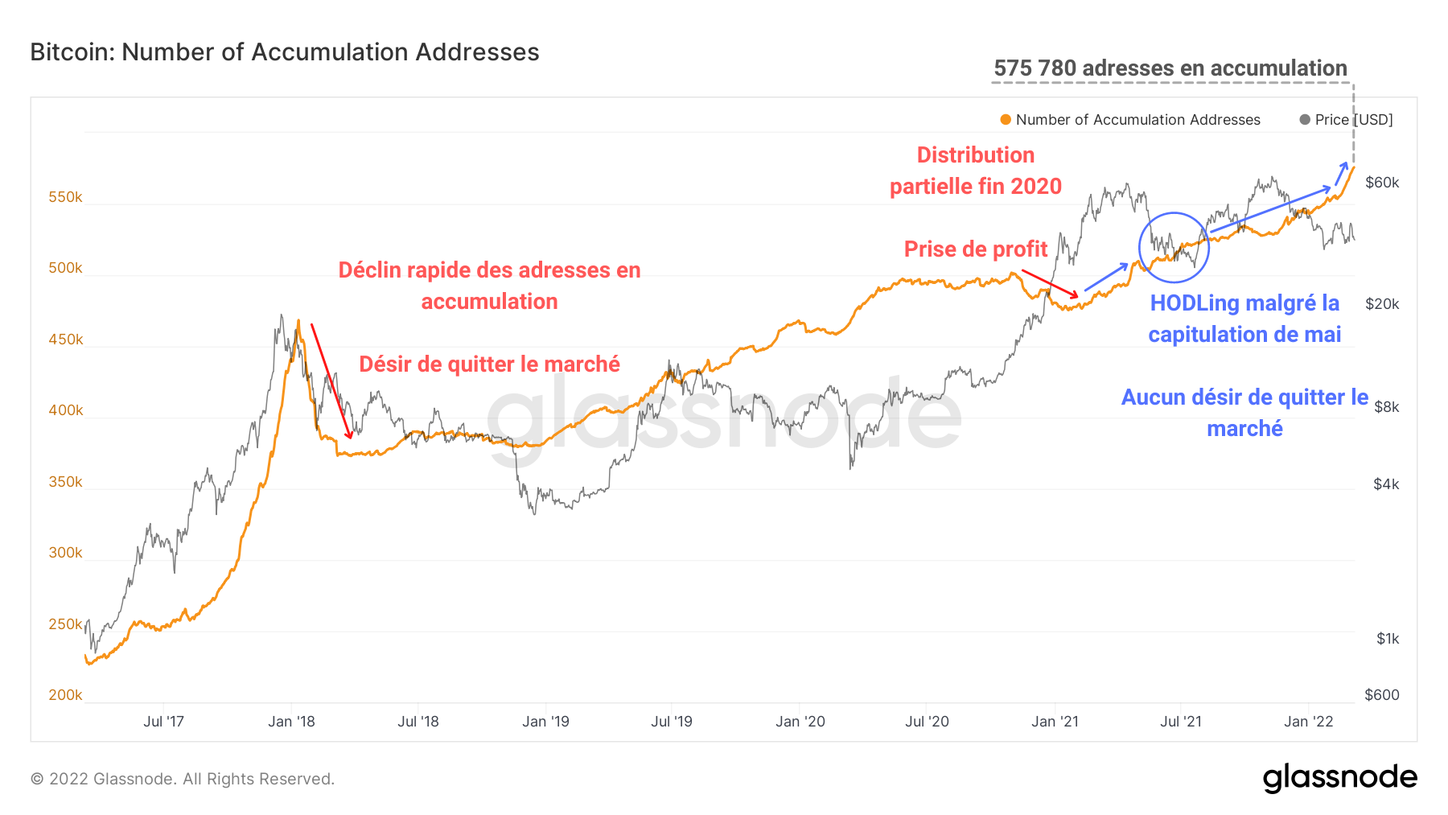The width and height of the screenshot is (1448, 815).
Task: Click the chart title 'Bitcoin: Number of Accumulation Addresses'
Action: click(284, 52)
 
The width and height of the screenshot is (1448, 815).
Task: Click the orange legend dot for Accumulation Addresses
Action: click(1006, 120)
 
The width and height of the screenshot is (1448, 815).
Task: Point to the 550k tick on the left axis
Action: click(65, 197)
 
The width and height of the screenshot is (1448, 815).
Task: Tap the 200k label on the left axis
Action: click(65, 695)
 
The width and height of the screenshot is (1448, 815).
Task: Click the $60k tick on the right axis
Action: click(1382, 183)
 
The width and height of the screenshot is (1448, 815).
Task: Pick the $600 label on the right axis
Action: click(1381, 695)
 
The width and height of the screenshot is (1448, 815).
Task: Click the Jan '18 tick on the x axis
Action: click(291, 722)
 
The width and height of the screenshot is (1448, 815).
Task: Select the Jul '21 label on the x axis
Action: click(1180, 722)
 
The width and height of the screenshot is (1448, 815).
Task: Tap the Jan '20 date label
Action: click(800, 722)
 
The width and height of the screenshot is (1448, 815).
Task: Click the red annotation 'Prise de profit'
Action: click(975, 249)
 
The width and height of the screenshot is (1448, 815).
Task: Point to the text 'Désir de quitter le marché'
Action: click(489, 364)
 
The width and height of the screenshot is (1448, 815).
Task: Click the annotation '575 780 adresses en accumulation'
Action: click(1170, 68)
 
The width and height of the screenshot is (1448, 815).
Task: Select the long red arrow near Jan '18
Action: click(331, 381)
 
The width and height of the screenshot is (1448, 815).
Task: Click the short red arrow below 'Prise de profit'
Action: click(1049, 283)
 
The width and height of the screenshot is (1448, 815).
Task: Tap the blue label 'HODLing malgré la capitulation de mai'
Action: click(1244, 319)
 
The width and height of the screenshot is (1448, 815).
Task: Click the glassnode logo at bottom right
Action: click(1339, 778)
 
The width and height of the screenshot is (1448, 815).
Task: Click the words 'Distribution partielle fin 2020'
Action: click(975, 171)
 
